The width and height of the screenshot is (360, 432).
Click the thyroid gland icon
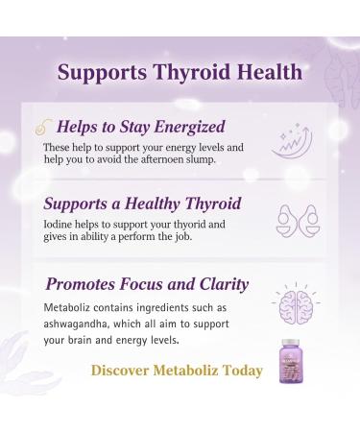[x=294, y=219]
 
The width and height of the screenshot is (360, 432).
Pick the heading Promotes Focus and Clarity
[x=146, y=284]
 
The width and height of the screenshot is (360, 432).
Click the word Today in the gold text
[x=240, y=370]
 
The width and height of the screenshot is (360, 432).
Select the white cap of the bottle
[x=295, y=343]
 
